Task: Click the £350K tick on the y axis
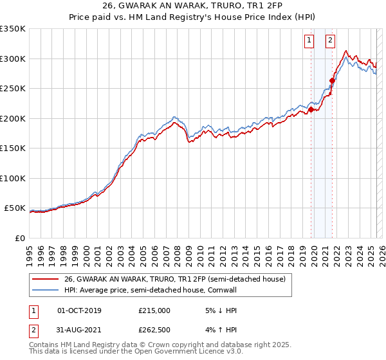[x=13, y=29]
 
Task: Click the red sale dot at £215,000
[x=311, y=110]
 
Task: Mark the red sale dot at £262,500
[x=333, y=81]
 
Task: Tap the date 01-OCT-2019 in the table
[x=79, y=310]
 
